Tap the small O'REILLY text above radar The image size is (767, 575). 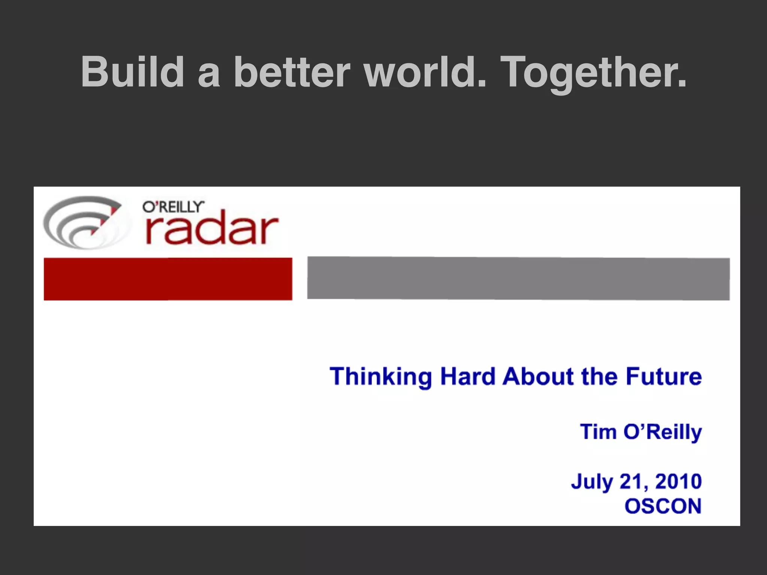click(x=173, y=207)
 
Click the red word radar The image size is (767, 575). click(x=212, y=229)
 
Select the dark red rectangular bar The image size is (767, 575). click(x=168, y=279)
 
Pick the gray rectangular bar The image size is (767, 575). click(x=518, y=278)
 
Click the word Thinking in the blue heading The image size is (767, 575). click(x=381, y=377)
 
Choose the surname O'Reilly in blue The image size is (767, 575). click(x=662, y=432)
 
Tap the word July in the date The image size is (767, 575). click(x=592, y=482)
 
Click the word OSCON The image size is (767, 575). click(x=663, y=506)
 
